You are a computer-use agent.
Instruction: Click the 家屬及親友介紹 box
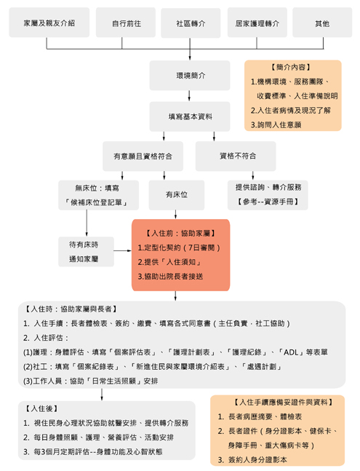(49, 23)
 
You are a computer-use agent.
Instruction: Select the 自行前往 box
(126, 23)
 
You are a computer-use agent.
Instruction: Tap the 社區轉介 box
(191, 23)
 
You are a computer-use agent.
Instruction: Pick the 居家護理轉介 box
(257, 23)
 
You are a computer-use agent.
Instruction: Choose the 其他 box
(322, 23)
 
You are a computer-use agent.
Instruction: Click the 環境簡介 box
(190, 76)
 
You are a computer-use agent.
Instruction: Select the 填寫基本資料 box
(190, 116)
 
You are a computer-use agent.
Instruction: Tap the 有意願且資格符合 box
(143, 157)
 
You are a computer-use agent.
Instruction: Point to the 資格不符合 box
(236, 157)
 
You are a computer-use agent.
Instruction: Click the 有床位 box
(177, 195)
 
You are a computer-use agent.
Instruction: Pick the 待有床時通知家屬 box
(86, 252)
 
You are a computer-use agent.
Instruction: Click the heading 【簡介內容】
(291, 67)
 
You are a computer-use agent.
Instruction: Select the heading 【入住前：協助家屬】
(180, 234)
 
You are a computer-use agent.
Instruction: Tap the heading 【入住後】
(41, 408)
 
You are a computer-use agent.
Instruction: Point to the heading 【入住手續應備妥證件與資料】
(283, 403)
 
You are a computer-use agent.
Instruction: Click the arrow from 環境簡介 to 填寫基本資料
(189, 96)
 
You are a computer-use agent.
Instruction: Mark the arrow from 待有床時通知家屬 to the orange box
(123, 250)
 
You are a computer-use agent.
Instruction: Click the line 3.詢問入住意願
(276, 125)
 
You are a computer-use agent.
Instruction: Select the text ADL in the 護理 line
(291, 352)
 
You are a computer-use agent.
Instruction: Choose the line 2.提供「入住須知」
(170, 262)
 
